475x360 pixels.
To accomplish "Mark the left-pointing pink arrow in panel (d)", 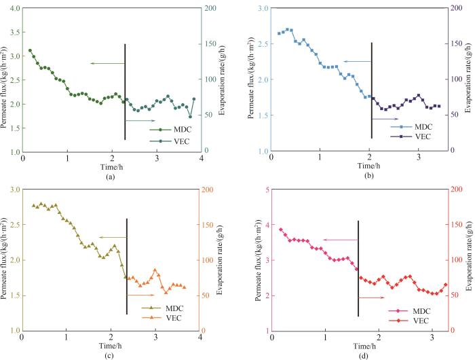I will (339, 240).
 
